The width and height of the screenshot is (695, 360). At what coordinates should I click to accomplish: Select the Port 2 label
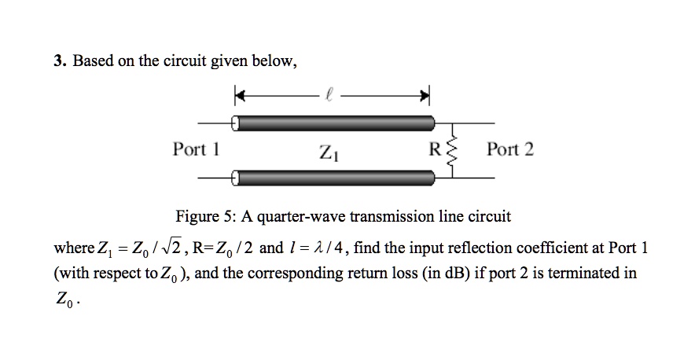coord(509,149)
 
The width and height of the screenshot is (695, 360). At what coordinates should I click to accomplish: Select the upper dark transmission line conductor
coord(336,123)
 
